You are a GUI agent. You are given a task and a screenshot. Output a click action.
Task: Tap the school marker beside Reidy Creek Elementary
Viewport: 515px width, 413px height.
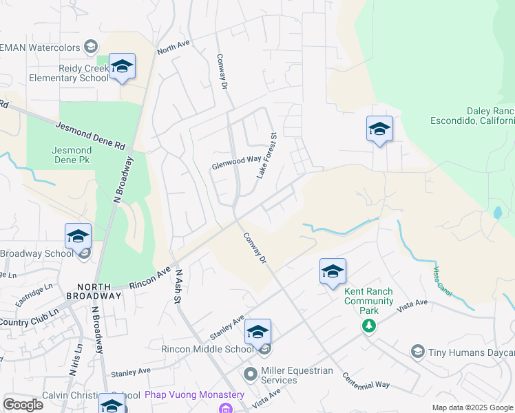click(x=122, y=67)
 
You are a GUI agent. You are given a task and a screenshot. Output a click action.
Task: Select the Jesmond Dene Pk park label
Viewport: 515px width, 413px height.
click(x=72, y=155)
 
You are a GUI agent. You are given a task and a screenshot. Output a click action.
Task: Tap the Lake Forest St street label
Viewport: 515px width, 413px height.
click(x=266, y=156)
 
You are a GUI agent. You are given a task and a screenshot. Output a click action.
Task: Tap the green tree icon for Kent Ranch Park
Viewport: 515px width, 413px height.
click(x=370, y=324)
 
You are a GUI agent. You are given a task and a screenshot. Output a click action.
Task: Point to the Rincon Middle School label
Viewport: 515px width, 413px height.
click(x=207, y=349)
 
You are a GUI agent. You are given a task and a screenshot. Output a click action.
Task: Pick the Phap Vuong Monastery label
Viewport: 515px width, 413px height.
click(x=195, y=395)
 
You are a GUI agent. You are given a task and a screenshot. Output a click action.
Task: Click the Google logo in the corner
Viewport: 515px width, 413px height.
click(x=23, y=405)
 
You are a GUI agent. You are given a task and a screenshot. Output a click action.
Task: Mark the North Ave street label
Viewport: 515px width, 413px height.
click(x=173, y=47)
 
